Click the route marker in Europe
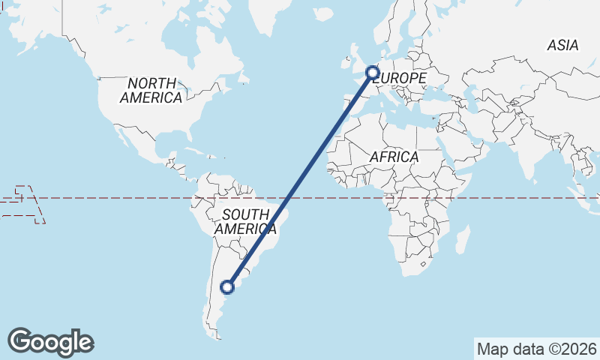(372, 73)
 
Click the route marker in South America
(227, 286)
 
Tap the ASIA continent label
(562, 46)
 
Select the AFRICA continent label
(394, 157)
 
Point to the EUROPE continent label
(400, 78)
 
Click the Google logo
(50, 342)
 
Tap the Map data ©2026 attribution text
(536, 349)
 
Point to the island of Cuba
(196, 152)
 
